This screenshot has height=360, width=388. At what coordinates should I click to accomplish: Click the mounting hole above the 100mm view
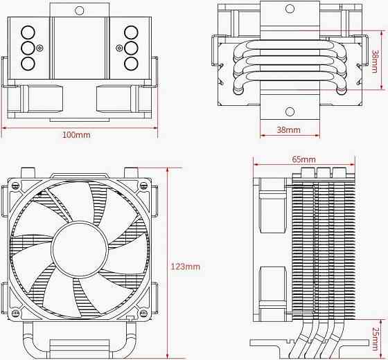[79, 10]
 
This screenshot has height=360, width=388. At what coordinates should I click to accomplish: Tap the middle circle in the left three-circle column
[28, 48]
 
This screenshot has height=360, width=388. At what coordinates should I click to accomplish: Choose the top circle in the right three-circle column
[130, 32]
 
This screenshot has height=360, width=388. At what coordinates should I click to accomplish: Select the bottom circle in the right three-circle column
[130, 64]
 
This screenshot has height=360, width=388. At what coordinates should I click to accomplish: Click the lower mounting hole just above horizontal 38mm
[288, 111]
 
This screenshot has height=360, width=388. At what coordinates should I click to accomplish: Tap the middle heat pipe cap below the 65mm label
[323, 171]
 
